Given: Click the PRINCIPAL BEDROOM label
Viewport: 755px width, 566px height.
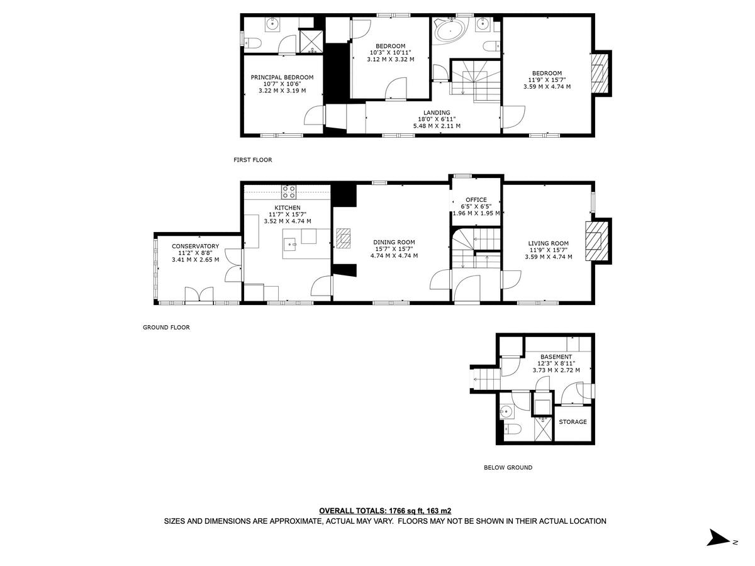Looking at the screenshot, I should coord(282,77).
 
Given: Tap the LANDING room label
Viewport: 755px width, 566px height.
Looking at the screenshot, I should coord(436,113).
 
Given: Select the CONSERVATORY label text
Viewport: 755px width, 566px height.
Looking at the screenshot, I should coord(195,246).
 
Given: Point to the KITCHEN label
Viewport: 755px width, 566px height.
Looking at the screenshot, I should coord(287,208).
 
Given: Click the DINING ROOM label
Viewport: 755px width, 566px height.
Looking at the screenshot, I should coord(394,242).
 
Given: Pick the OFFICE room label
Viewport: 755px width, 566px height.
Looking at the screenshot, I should coord(476,200).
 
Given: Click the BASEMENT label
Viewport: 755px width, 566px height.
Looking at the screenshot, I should coord(556,357).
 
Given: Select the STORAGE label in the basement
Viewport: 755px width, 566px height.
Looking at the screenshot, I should coord(573,422).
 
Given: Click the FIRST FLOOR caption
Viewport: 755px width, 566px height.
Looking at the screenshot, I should coord(253,160).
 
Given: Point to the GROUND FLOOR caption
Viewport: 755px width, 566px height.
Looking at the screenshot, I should coord(166,328).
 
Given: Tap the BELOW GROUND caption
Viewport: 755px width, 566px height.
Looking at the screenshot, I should coord(508,468).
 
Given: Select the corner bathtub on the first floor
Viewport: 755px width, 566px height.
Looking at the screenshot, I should coord(449,31).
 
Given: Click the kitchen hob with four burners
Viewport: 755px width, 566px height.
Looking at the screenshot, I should coord(289,192).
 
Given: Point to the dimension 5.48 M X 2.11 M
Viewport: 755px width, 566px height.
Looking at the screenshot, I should coord(436,126).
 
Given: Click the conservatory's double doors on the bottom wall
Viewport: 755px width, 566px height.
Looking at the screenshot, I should coord(199,294).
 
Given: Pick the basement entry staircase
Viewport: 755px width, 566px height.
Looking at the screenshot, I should coord(485,377).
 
